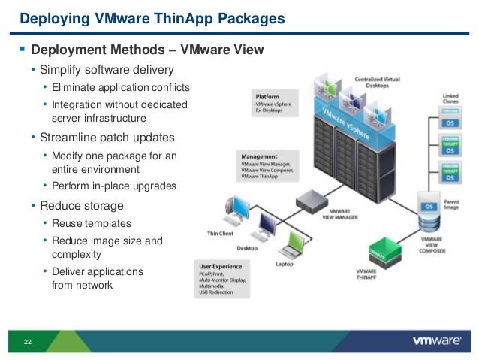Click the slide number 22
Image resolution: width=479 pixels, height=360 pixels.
(28, 342)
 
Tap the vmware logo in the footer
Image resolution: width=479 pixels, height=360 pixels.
(436, 340)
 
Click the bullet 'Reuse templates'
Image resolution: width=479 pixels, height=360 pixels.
(92, 223)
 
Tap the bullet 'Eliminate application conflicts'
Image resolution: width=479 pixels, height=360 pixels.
(121, 88)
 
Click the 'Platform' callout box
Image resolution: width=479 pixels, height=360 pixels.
(275, 102)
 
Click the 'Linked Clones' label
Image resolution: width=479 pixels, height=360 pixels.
(450, 100)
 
